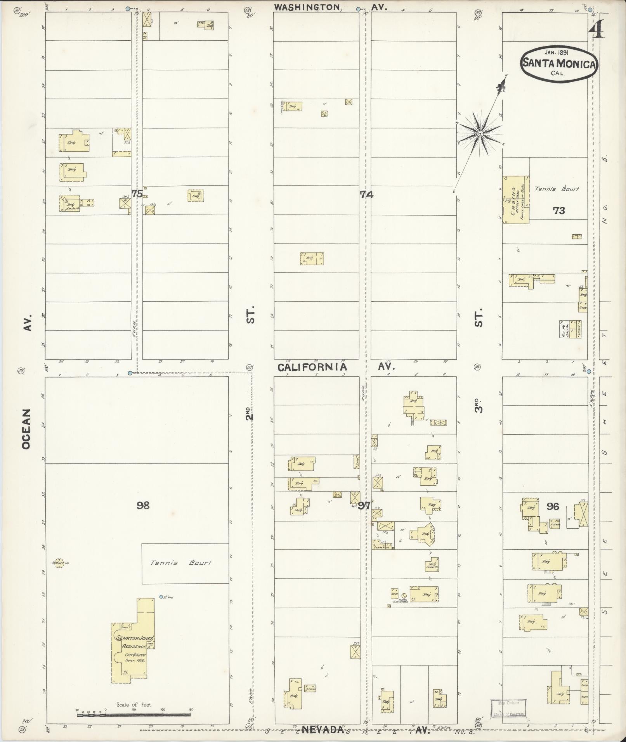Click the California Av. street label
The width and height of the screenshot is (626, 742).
(312, 367)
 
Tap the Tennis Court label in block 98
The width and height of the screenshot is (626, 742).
(180, 563)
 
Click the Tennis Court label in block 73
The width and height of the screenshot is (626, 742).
(557, 189)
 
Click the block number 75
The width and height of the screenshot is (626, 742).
(137, 194)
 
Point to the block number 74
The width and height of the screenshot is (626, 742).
(366, 195)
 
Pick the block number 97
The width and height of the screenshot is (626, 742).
(364, 505)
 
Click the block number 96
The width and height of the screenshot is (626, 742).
(553, 506)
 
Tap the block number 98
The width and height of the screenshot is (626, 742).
(143, 505)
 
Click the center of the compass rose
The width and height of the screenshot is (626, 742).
(480, 133)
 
